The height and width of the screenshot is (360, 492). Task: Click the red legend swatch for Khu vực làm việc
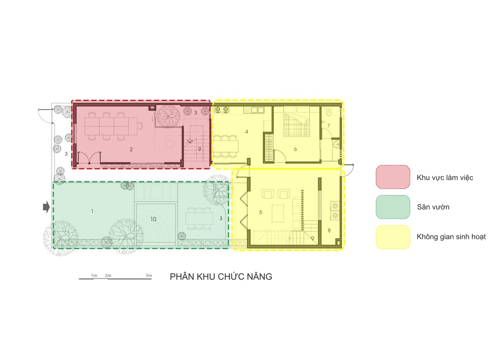pyautogui.click(x=393, y=177)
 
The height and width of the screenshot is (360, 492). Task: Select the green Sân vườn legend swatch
pyautogui.click(x=393, y=207)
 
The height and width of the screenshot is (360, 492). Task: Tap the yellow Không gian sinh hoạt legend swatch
pyautogui.click(x=393, y=237)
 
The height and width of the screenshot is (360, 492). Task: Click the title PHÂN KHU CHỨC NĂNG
pyautogui.click(x=221, y=276)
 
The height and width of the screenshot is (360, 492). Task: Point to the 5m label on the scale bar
pyautogui.click(x=149, y=276)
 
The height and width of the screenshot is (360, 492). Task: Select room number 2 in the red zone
pyautogui.click(x=131, y=149)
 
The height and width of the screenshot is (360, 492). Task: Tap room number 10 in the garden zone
pyautogui.click(x=153, y=219)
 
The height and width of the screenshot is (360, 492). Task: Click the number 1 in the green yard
pyautogui.click(x=92, y=211)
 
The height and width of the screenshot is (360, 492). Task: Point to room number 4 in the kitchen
pyautogui.click(x=246, y=132)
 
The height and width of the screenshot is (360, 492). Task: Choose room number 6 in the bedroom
pyautogui.click(x=296, y=149)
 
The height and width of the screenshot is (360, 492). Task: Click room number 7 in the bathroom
pyautogui.click(x=328, y=125)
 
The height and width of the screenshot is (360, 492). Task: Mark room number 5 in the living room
pyautogui.click(x=260, y=212)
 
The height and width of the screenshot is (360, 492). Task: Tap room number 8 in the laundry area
pyautogui.click(x=329, y=230)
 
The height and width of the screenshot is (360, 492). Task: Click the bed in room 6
pyautogui.click(x=296, y=121)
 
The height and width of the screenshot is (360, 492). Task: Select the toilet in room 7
pyautogui.click(x=329, y=112)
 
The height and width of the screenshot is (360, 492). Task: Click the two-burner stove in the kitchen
pyautogui.click(x=221, y=109)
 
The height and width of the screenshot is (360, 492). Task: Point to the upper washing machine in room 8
pyautogui.click(x=335, y=205)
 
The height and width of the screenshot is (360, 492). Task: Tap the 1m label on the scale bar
pyautogui.click(x=94, y=276)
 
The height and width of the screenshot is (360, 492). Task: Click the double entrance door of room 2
pyautogui.click(x=89, y=157)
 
